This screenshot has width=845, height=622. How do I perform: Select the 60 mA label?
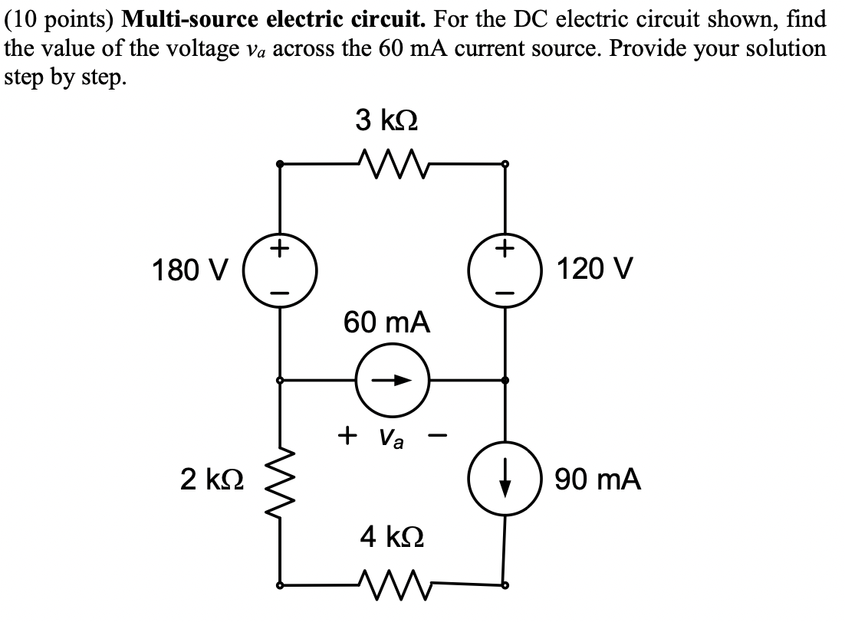pyautogui.click(x=387, y=322)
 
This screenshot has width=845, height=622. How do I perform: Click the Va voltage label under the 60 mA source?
pyautogui.click(x=393, y=438)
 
